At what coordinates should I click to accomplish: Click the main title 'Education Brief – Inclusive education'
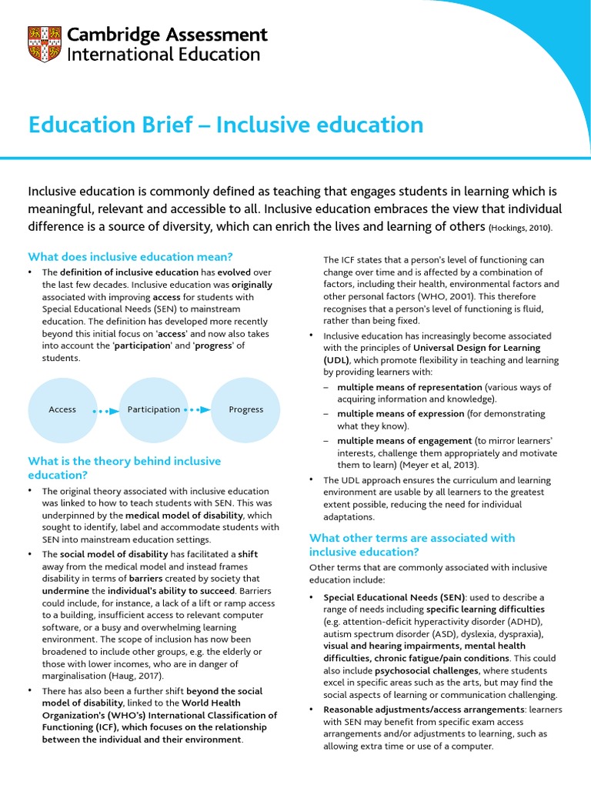tap(225, 125)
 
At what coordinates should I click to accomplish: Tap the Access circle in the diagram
tap(62, 409)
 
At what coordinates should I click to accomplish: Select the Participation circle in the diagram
tap(154, 409)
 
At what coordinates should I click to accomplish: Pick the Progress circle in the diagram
tap(245, 409)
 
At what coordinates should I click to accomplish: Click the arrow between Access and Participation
tap(105, 410)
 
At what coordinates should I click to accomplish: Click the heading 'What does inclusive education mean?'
tap(130, 256)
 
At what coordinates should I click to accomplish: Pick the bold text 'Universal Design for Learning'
tap(476, 347)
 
